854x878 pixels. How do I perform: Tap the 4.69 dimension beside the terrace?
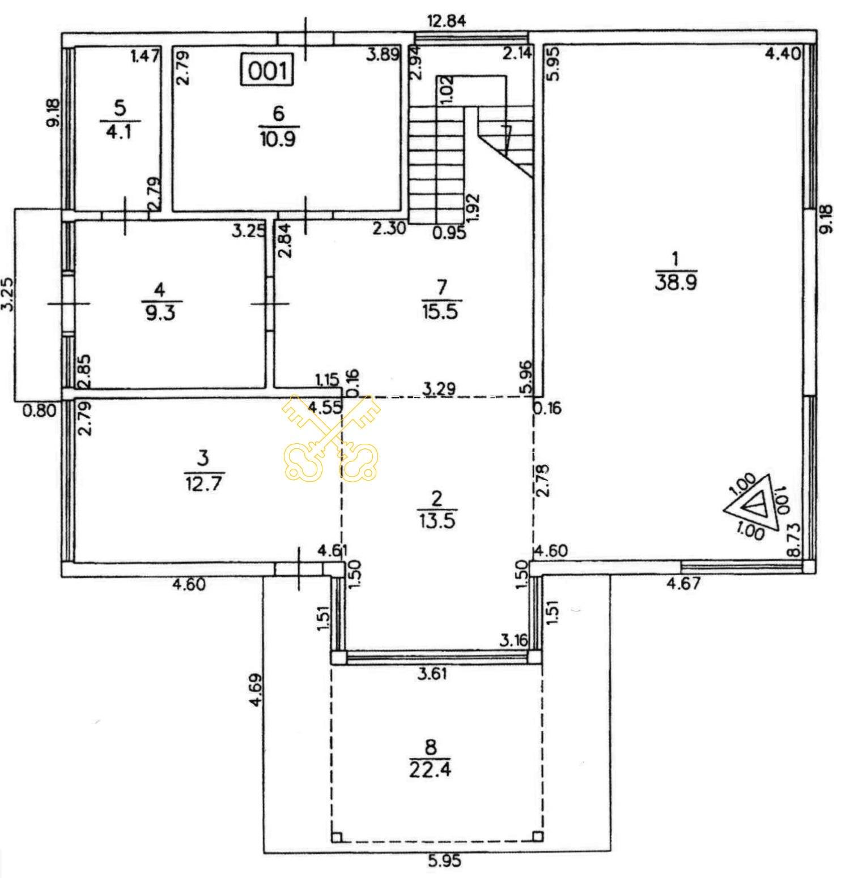(x=256, y=689)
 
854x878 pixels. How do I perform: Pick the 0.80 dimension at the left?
(x=40, y=409)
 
